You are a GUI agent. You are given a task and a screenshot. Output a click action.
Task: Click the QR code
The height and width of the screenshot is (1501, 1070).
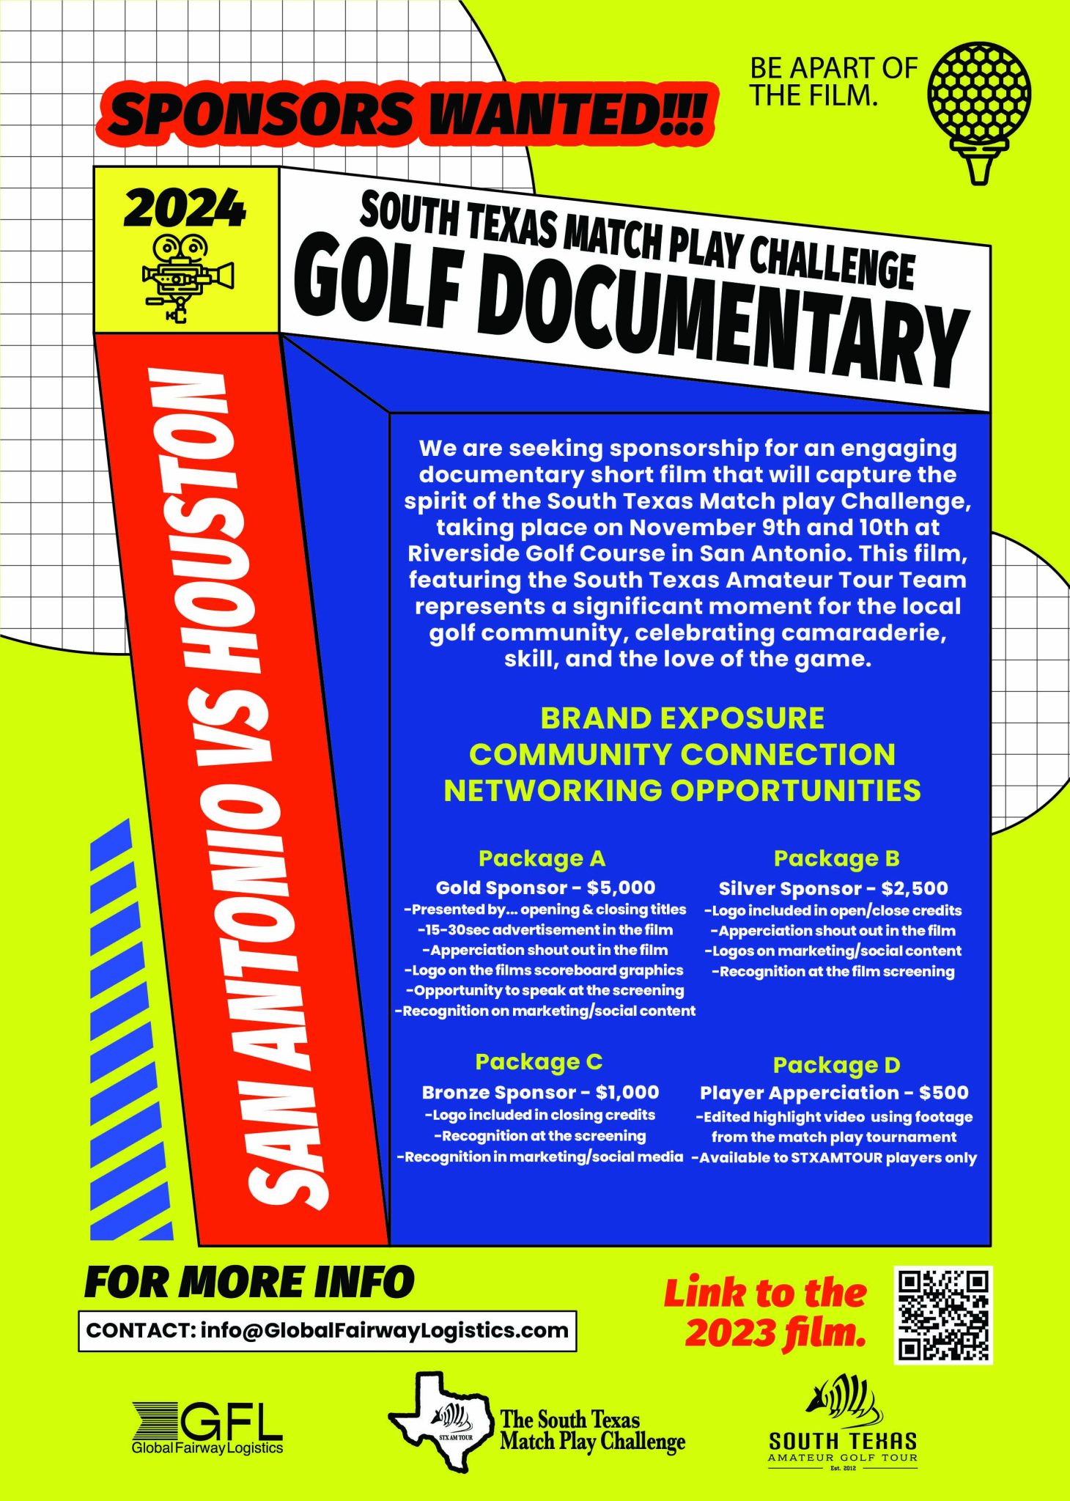pyautogui.click(x=943, y=1316)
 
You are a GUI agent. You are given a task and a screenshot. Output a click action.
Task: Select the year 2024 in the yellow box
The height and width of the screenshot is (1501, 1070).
pyautogui.click(x=185, y=208)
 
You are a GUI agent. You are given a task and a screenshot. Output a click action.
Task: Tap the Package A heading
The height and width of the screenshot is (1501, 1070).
pyautogui.click(x=542, y=858)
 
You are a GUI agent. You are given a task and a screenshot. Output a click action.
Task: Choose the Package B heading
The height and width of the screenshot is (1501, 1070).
pyautogui.click(x=836, y=858)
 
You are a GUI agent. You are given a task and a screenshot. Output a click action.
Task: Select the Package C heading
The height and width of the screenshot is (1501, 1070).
pyautogui.click(x=539, y=1062)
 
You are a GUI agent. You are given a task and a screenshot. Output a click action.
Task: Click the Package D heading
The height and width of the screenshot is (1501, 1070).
pyautogui.click(x=836, y=1065)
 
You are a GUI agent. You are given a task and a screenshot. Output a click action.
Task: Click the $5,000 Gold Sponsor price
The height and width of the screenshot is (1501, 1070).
pyautogui.click(x=621, y=888)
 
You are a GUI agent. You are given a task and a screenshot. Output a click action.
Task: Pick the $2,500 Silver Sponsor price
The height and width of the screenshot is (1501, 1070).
pyautogui.click(x=915, y=889)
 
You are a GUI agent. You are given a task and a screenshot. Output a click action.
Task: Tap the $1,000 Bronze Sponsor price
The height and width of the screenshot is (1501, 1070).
pyautogui.click(x=627, y=1093)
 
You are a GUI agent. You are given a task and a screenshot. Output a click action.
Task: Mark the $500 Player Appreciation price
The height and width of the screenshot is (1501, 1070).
pyautogui.click(x=944, y=1094)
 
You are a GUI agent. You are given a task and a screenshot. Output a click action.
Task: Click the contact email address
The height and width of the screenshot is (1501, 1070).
pyautogui.click(x=384, y=1331)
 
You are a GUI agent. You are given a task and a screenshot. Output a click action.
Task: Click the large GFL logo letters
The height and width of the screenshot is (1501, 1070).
pyautogui.click(x=232, y=1423)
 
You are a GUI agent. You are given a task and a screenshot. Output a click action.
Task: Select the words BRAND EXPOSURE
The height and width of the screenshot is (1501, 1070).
pyautogui.click(x=682, y=719)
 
